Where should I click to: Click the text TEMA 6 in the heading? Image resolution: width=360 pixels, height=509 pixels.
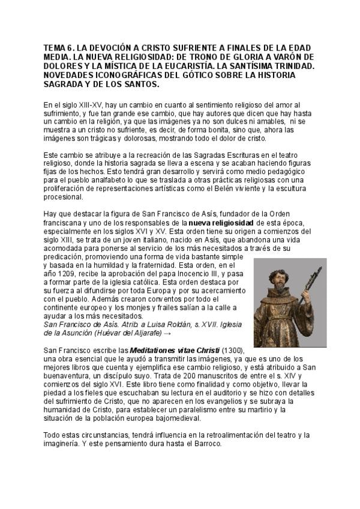pos(60,47)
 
